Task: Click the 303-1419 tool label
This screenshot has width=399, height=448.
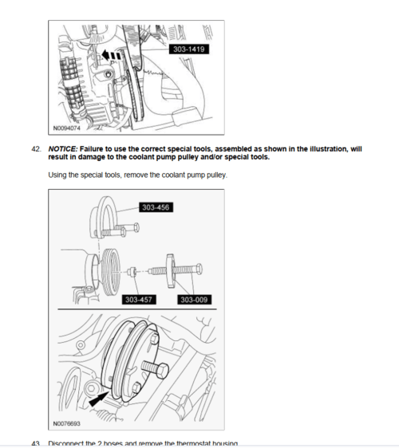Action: click(185, 49)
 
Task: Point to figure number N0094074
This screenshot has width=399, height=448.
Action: click(69, 127)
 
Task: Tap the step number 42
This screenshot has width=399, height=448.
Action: click(35, 149)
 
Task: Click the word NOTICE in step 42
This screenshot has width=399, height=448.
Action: click(63, 149)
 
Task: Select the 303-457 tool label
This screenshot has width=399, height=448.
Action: click(138, 300)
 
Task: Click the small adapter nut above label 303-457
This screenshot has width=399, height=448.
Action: click(136, 271)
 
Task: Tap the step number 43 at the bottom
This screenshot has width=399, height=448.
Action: click(35, 443)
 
